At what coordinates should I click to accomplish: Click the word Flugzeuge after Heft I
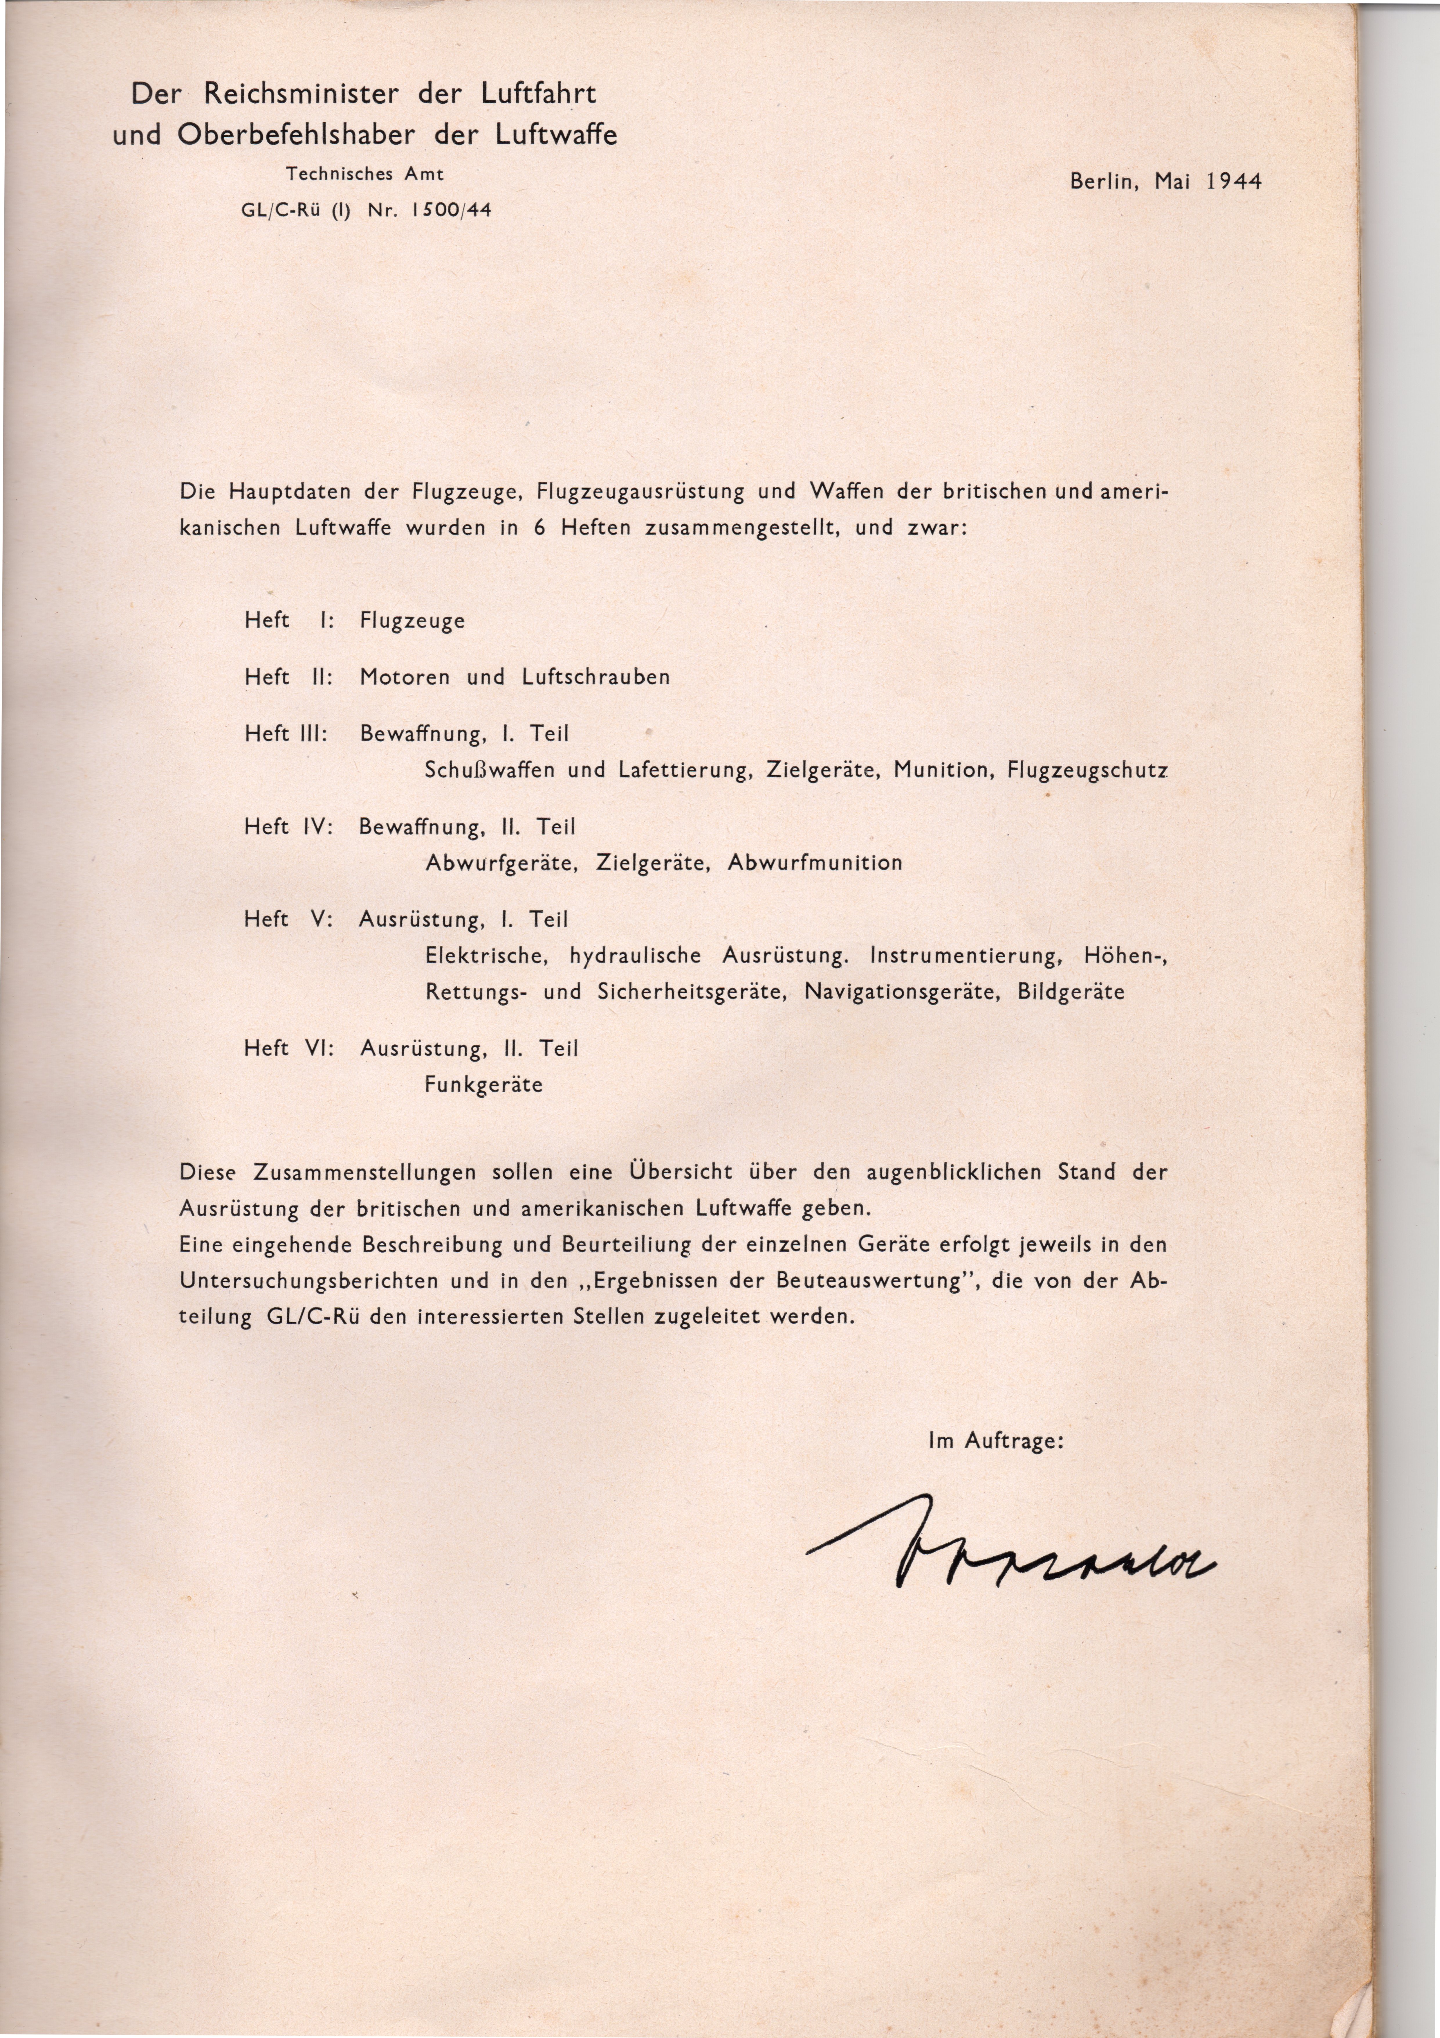412,620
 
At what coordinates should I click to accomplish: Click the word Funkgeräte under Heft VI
483,1085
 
